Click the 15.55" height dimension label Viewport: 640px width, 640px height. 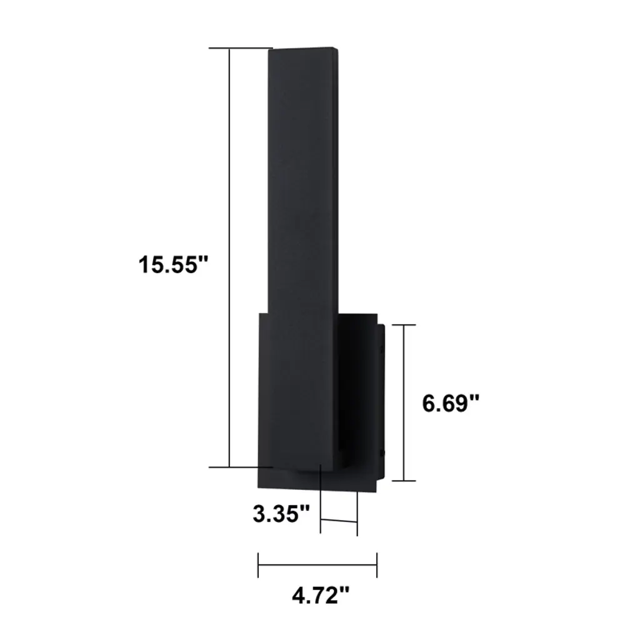[x=174, y=264]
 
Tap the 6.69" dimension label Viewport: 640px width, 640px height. [x=451, y=404]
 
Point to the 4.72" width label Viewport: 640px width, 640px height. [x=321, y=596]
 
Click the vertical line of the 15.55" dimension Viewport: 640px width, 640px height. [x=229, y=257]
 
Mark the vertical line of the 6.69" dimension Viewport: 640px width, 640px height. [x=404, y=403]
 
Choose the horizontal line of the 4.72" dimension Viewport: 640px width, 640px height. [x=317, y=565]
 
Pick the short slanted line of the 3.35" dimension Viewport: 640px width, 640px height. [x=339, y=521]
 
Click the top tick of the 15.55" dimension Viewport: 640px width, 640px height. [x=241, y=48]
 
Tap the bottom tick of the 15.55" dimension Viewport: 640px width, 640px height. [x=241, y=467]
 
